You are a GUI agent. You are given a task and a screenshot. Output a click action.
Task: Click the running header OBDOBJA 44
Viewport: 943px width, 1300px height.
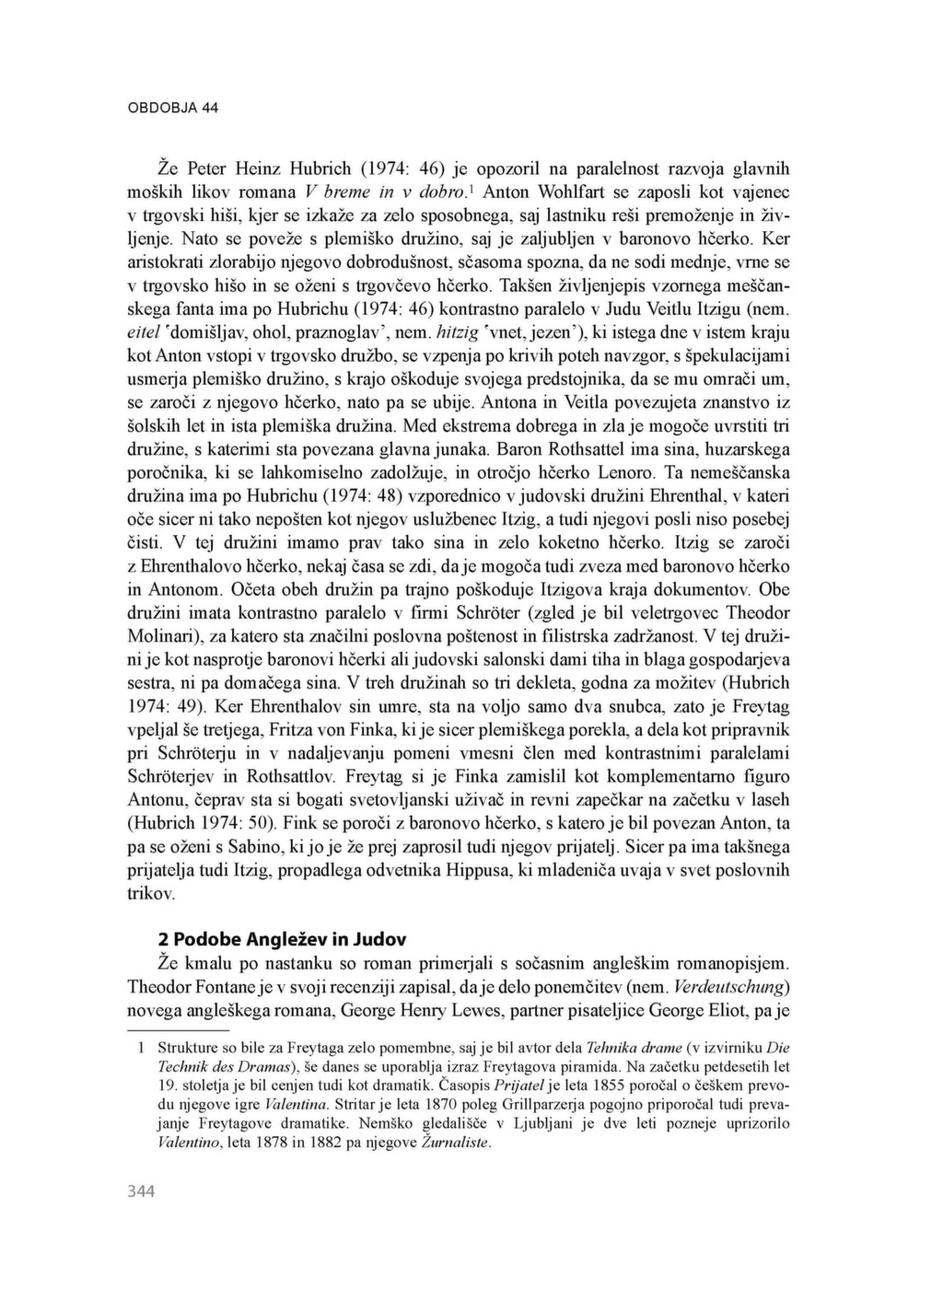click(x=172, y=108)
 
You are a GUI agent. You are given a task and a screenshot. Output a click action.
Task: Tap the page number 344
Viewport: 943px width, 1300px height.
click(x=141, y=1191)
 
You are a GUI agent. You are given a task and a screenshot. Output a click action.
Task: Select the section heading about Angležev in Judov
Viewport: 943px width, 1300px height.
click(x=282, y=940)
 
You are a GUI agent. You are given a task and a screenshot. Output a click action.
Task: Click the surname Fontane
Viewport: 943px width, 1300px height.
click(x=230, y=986)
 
